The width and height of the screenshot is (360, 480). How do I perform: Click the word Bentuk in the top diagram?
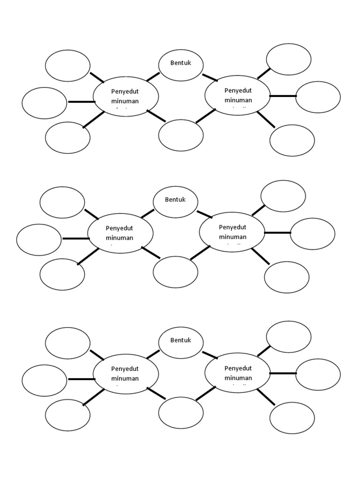pyautogui.click(x=181, y=63)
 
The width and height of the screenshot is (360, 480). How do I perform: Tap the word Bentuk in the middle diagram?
pyautogui.click(x=175, y=200)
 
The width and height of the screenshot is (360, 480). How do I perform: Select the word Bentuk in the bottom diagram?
pyautogui.click(x=181, y=340)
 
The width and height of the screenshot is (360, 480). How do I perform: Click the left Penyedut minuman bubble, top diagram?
pyautogui.click(x=126, y=96)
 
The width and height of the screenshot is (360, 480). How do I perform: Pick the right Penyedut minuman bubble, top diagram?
pyautogui.click(x=238, y=95)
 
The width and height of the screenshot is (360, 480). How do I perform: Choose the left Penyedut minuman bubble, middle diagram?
pyautogui.click(x=120, y=233)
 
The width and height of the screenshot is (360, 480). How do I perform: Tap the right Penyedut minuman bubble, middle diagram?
pyautogui.click(x=232, y=232)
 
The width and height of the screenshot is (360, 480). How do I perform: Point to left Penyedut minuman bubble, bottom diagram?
pyautogui.click(x=126, y=374)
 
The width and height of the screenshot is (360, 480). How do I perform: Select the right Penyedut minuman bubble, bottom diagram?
pyautogui.click(x=238, y=373)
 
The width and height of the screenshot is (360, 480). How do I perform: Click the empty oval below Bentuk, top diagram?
pyautogui.click(x=181, y=135)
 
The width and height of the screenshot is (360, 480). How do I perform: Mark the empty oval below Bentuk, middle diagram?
pyautogui.click(x=175, y=272)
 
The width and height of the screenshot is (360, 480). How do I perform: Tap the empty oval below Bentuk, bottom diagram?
pyautogui.click(x=181, y=413)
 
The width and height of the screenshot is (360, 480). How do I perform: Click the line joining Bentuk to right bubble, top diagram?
pyautogui.click(x=210, y=77)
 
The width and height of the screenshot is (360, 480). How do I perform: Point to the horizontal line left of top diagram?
pyautogui.click(x=81, y=102)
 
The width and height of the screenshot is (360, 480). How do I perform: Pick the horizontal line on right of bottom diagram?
pyautogui.click(x=283, y=373)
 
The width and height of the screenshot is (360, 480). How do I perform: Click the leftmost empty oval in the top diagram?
pyautogui.click(x=45, y=103)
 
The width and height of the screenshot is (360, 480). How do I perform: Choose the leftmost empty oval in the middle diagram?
pyautogui.click(x=39, y=240)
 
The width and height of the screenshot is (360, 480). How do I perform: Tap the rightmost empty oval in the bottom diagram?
pyautogui.click(x=318, y=375)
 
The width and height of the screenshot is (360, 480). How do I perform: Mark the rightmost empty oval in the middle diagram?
pyautogui.click(x=313, y=234)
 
